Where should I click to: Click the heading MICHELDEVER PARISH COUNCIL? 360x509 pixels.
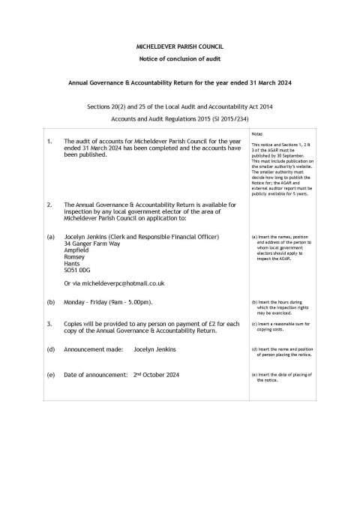179,46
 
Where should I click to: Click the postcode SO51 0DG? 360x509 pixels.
78,268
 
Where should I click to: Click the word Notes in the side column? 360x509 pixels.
259,133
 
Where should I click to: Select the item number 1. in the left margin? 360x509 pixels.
49,140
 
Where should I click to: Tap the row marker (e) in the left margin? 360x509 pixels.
50,374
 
